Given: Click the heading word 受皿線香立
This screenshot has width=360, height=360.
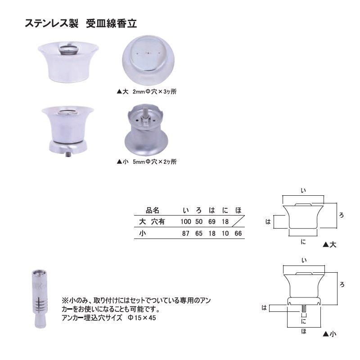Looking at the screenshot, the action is pos(111,23).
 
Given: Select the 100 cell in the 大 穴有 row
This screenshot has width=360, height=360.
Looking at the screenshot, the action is pos(185,221).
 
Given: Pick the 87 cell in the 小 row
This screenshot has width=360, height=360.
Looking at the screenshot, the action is pos(185,234).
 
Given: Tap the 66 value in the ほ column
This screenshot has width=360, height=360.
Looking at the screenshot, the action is pos(238,234).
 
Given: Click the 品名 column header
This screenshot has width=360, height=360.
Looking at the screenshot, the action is pos(153,210).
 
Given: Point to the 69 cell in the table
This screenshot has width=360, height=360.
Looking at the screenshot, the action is pos(212,221).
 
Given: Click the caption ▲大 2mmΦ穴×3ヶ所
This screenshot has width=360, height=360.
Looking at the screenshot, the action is pos(147,92).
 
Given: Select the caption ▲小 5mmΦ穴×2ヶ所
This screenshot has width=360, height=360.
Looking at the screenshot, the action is pos(147,162).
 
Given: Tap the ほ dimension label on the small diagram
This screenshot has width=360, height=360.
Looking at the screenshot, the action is pos(304,331).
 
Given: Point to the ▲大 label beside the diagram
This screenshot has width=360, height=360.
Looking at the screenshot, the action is pos(329,245).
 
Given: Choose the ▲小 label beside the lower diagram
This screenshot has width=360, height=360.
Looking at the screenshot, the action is pos(329,334).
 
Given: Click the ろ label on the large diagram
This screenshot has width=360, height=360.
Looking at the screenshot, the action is pos(342,216).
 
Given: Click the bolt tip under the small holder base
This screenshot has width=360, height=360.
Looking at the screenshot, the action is pos(68,154).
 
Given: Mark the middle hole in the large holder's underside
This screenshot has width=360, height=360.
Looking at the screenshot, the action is pos(148,53).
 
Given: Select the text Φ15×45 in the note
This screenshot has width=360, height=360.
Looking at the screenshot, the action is pos(142,318).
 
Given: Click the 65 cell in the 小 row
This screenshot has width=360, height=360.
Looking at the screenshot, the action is pos(199,234).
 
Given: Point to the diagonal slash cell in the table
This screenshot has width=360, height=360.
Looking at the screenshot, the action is pos(238,221).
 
